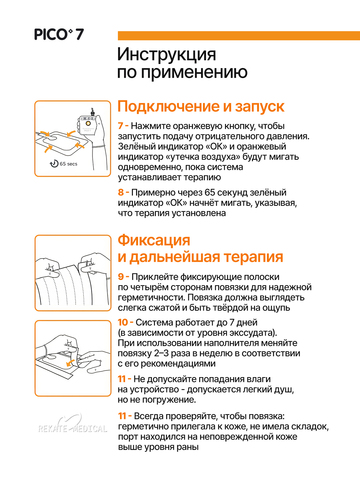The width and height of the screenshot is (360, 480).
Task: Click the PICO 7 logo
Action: pos(59,35)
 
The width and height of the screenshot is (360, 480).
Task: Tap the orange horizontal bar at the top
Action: pos(239,36)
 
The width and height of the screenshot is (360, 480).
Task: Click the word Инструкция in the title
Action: pos(166,54)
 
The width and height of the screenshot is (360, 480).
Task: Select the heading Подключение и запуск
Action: pos(201,106)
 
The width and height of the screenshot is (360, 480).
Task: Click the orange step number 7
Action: pos(121,126)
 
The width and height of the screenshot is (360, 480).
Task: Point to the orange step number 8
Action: pos(121,192)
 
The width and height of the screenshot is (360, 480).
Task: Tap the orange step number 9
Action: pos(121,277)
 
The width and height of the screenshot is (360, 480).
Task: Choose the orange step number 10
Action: pos(123,322)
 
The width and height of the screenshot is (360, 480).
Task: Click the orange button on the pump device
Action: pos(88,123)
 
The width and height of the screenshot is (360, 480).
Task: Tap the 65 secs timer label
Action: pos(63,164)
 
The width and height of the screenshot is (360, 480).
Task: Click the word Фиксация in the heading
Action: pos(154,240)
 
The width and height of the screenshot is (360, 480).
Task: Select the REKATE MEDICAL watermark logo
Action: pos(72,425)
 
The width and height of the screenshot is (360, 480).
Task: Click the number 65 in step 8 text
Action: pos(210,192)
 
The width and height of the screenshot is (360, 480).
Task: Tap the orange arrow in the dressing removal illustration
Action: pos(70,362)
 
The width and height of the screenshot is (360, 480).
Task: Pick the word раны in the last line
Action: pos(188,447)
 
